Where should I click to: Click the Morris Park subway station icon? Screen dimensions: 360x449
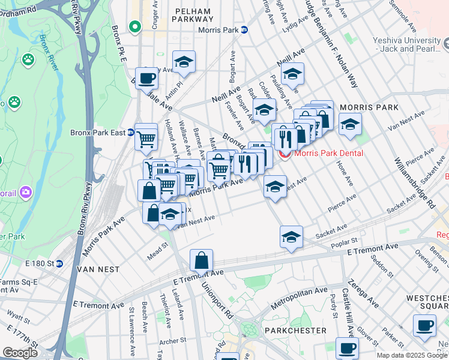(x=244, y=30)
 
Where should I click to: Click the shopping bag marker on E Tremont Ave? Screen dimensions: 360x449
(x=202, y=260)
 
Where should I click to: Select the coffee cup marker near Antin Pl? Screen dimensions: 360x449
(x=146, y=77)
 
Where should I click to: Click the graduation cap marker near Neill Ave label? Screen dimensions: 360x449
(x=292, y=74)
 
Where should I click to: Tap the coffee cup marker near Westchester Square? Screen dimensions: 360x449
(x=425, y=326)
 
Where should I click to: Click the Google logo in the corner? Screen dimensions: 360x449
(x=20, y=353)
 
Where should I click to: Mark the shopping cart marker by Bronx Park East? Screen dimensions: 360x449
(x=146, y=139)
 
